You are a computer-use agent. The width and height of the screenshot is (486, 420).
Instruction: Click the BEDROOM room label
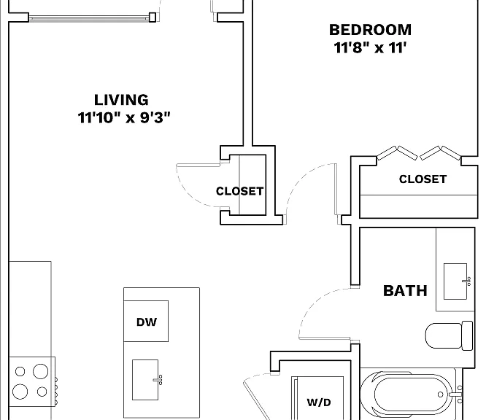[371, 30]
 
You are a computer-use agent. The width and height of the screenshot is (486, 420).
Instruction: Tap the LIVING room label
[121, 100]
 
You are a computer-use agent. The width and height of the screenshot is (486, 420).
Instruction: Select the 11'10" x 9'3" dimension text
[124, 117]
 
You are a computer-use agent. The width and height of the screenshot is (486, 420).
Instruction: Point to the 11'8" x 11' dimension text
[370, 47]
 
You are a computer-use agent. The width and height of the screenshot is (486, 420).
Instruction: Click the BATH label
[405, 291]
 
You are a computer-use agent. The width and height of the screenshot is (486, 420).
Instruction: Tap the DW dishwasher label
[147, 322]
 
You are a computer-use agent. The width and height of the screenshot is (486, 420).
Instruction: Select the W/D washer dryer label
[319, 402]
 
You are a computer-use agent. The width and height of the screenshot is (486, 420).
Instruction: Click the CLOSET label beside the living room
[239, 191]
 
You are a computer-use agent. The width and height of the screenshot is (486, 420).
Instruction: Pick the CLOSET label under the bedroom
[423, 179]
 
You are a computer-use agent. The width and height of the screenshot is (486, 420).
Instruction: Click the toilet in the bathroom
[449, 335]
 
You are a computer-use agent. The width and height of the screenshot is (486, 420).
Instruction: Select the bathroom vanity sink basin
[455, 281]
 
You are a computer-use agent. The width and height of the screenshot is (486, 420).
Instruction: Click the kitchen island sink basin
[145, 380]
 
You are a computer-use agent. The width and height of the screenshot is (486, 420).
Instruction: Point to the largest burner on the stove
[41, 371]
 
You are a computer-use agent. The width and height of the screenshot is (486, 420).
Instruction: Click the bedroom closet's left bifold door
[397, 152]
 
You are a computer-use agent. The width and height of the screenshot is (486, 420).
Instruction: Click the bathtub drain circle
[441, 394]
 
